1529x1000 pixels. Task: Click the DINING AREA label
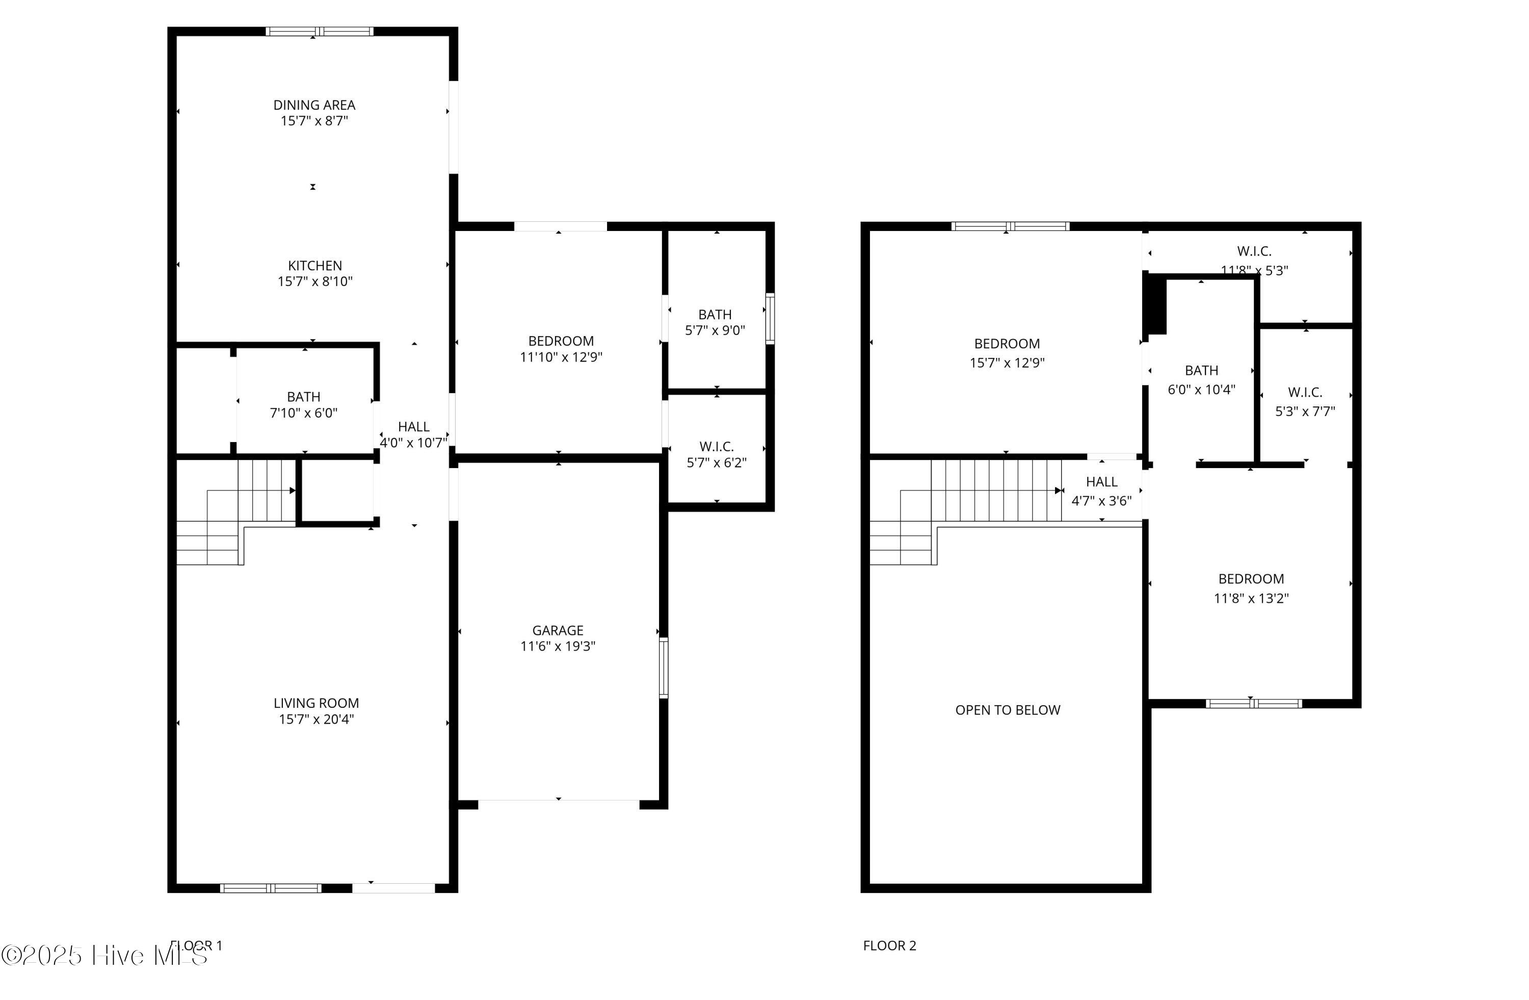pos(314,105)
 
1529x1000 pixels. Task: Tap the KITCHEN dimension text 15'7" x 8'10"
pos(315,281)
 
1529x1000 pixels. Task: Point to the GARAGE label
pos(558,630)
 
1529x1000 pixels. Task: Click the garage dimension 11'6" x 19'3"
pos(558,647)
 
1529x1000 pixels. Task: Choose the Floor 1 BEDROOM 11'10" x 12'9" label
pos(561,341)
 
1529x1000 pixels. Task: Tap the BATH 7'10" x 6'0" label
pos(304,397)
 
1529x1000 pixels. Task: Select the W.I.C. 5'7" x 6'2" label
pos(716,447)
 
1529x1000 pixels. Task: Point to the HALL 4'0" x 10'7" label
pos(414,427)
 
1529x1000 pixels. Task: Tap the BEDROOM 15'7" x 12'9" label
pos(1007,344)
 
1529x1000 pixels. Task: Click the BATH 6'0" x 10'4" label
pos(1201,371)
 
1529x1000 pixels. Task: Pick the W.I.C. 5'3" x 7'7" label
pos(1305,392)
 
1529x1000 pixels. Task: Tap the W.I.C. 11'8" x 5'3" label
pos(1254,251)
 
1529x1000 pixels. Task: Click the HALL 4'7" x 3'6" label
pos(1102,482)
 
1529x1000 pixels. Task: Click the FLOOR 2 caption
pos(889,945)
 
